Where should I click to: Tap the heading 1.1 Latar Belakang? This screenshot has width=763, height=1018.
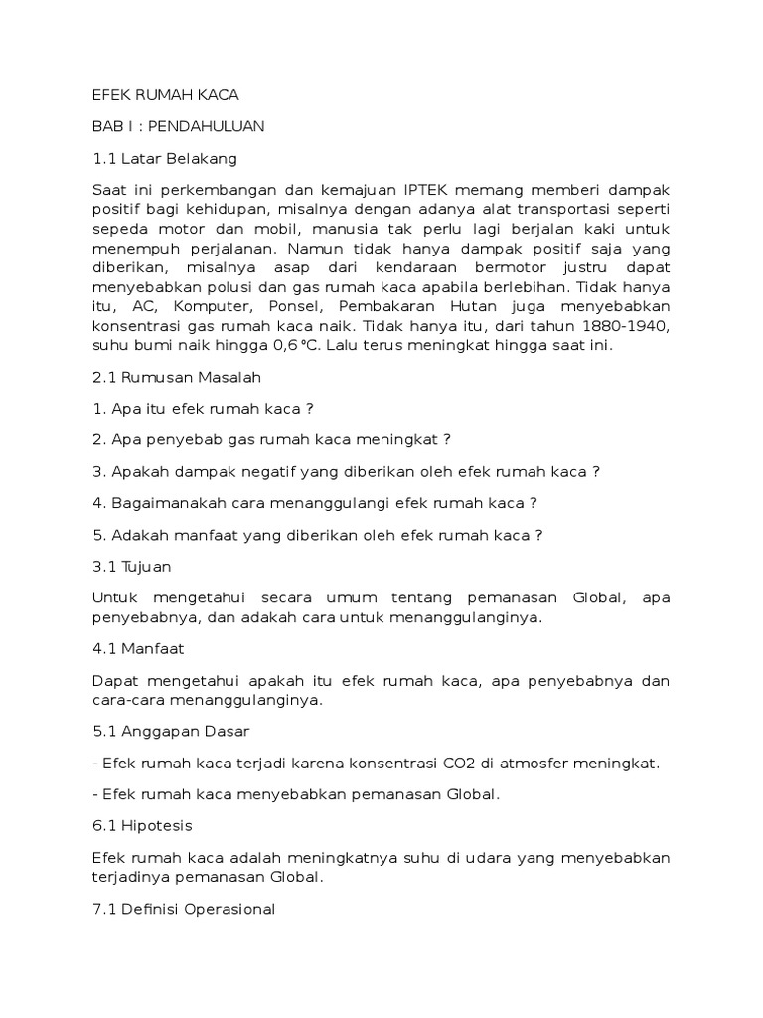point(164,158)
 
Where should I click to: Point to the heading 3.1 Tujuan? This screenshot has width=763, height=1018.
point(131,566)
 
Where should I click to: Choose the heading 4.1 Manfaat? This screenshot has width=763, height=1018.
point(138,649)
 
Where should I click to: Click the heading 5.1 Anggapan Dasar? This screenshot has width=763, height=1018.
point(171,732)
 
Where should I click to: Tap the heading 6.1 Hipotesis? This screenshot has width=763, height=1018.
point(142,826)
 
